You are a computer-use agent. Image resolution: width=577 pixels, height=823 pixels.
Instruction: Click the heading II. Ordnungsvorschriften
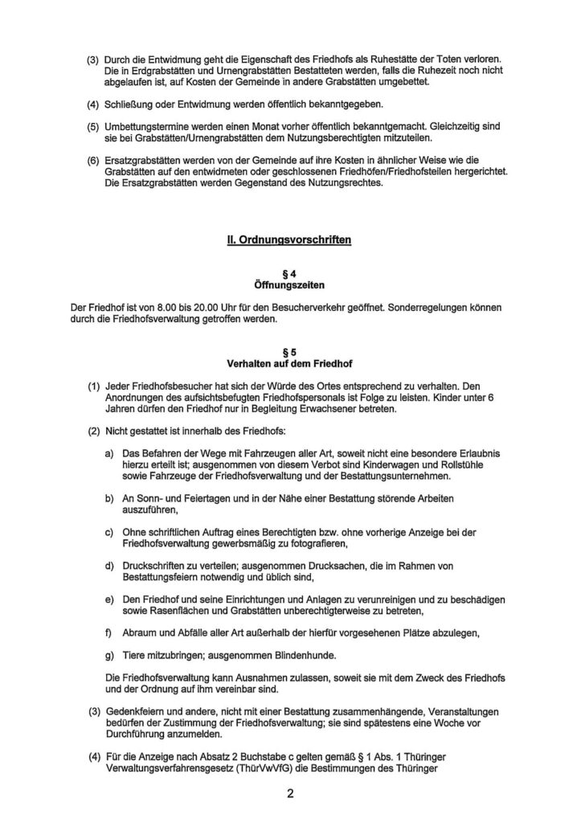pyautogui.click(x=288, y=240)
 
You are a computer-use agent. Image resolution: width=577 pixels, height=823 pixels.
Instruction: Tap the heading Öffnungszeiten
pyautogui.click(x=288, y=286)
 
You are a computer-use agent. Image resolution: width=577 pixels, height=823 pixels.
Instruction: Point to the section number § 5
pyautogui.click(x=288, y=351)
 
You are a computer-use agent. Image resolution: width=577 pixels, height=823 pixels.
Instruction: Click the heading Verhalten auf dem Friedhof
pyautogui.click(x=288, y=362)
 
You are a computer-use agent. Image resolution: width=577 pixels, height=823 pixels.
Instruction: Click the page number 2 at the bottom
pyautogui.click(x=289, y=795)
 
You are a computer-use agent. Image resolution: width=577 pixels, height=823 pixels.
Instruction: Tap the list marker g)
pyautogui.click(x=109, y=656)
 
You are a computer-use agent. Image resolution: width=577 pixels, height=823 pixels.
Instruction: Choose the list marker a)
pyautogui.click(x=109, y=453)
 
